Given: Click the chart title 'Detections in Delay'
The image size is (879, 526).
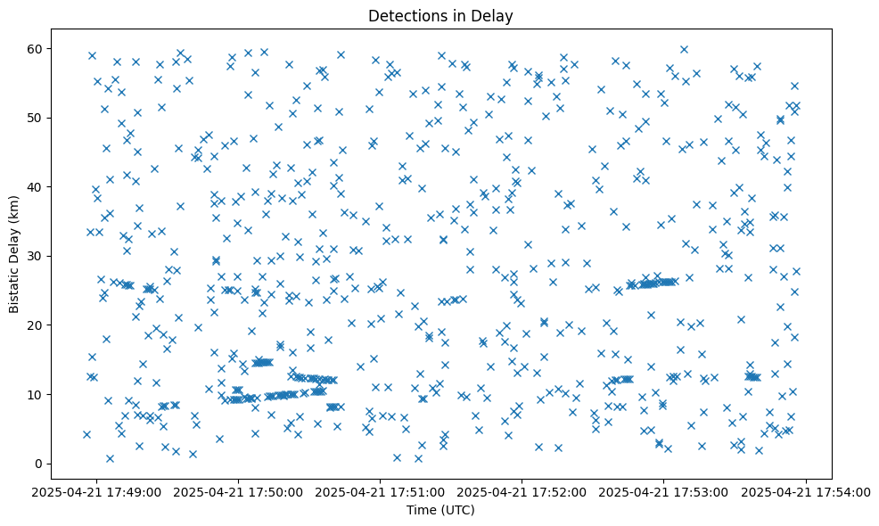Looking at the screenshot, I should [440, 16].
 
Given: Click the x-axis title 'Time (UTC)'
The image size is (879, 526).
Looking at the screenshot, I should [440, 510].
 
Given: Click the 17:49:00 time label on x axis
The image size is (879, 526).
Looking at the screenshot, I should [97, 491].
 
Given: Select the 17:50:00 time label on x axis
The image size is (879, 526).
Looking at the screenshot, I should [239, 491].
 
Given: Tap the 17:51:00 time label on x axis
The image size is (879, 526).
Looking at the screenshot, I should [381, 491].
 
